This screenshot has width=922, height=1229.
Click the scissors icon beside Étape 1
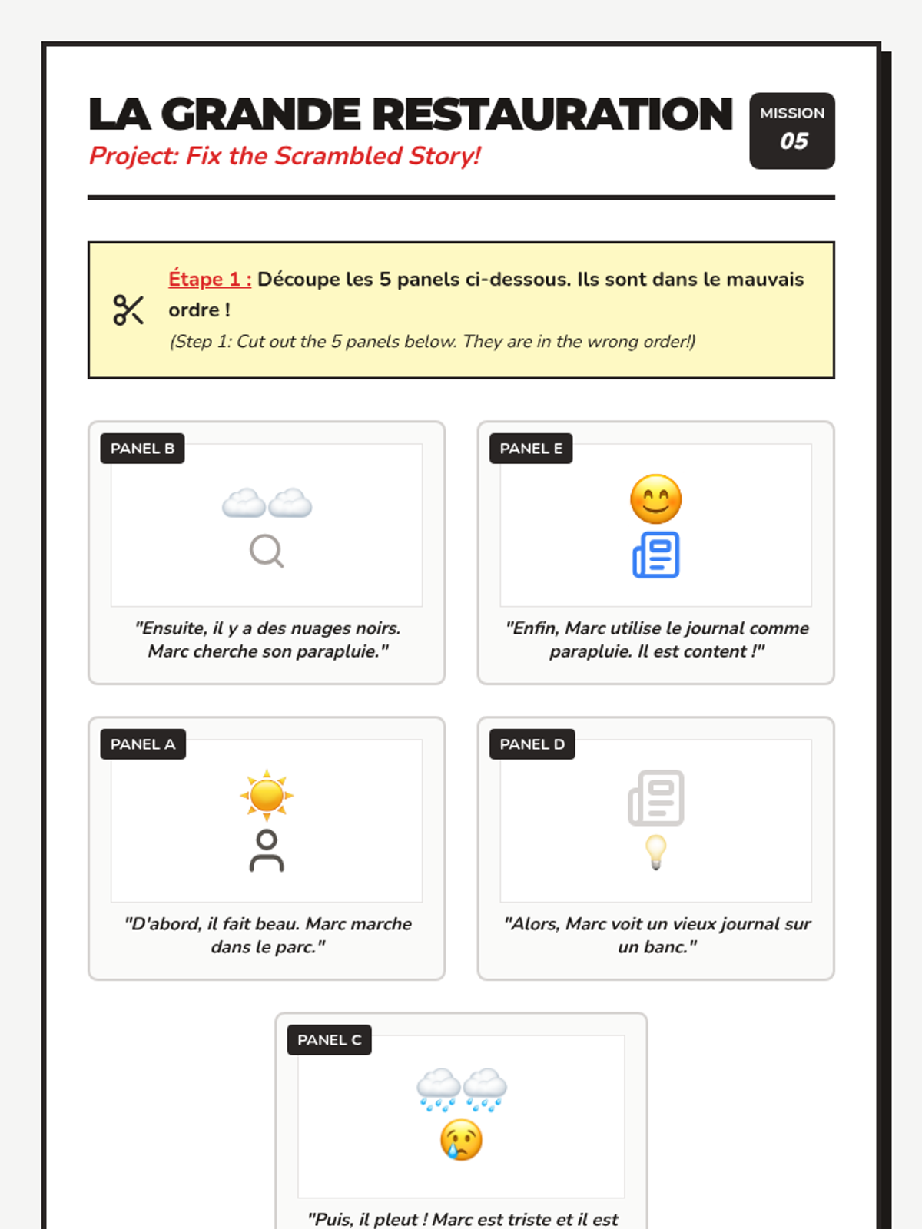tap(128, 310)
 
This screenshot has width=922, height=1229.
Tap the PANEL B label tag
tap(142, 449)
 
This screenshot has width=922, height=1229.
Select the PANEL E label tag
tap(531, 449)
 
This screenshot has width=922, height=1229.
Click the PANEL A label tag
tap(143, 744)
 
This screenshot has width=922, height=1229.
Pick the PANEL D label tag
tap(532, 744)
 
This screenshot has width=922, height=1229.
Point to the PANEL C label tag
tap(329, 1040)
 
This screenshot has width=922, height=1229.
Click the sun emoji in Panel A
tap(267, 795)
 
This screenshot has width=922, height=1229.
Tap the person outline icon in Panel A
tap(267, 851)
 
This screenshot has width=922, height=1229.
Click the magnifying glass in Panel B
tap(267, 552)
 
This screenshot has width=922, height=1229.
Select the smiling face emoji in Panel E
tap(655, 499)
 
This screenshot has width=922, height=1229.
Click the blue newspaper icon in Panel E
tap(655, 555)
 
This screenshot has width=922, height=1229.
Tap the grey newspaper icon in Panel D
tap(655, 798)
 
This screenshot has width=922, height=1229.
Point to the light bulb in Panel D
tap(655, 852)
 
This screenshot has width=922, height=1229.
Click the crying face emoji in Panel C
tap(461, 1140)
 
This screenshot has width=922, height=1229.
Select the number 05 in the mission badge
tap(794, 141)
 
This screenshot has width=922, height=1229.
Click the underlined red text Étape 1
tap(210, 279)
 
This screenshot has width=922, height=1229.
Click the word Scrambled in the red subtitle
tap(338, 156)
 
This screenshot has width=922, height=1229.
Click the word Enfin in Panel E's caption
tap(534, 628)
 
